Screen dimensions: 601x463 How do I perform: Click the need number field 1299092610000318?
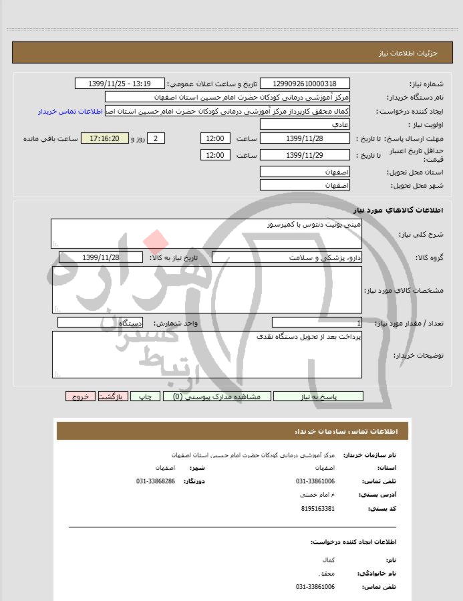pyautogui.click(x=305, y=84)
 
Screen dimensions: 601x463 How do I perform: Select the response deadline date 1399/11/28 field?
pyautogui.click(x=305, y=138)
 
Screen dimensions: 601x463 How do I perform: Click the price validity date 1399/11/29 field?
pyautogui.click(x=305, y=155)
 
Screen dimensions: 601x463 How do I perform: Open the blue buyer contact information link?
pyautogui.click(x=71, y=111)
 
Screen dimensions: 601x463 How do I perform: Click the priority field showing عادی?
pyautogui.click(x=305, y=125)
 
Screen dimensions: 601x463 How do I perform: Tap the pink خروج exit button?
pyautogui.click(x=80, y=396)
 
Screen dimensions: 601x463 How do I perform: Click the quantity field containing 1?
pyautogui.click(x=317, y=323)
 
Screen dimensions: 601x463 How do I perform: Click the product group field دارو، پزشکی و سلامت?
pyautogui.click(x=287, y=257)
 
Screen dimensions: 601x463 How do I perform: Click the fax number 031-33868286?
pyautogui.click(x=156, y=481)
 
